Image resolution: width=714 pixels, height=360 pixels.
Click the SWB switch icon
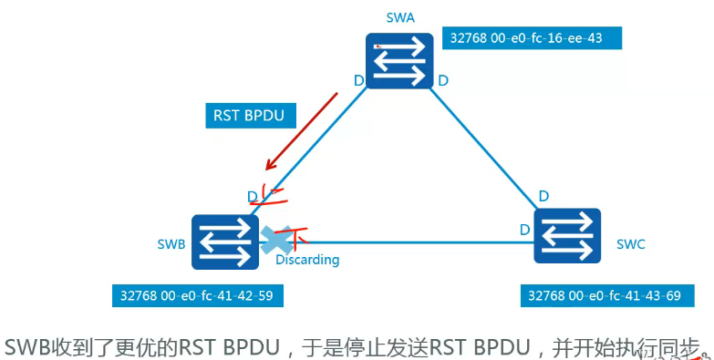224,242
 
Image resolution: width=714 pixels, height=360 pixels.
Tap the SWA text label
401,18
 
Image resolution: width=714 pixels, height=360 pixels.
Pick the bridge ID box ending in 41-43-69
612,296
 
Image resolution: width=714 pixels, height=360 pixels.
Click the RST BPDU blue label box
245,116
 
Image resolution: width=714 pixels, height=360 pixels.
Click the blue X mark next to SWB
274,240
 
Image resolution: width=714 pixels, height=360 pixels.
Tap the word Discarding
307,260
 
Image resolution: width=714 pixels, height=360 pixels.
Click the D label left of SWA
358,81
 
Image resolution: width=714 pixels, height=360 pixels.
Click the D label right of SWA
442,81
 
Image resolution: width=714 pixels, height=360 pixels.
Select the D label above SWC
543,196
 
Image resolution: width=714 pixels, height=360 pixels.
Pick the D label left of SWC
524,229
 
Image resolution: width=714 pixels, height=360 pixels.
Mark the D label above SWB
252,196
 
